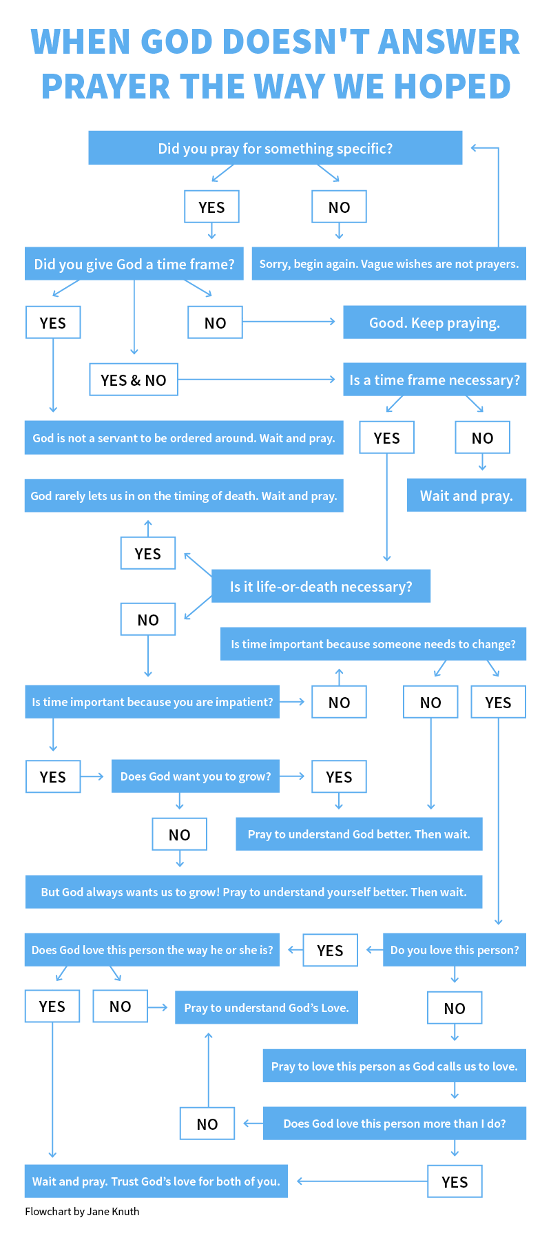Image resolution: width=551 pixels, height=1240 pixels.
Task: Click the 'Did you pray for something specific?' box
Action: [x=275, y=148]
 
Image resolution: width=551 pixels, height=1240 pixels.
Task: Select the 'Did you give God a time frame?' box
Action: [x=134, y=264]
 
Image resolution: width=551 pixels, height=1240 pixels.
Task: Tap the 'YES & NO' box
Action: [x=134, y=380]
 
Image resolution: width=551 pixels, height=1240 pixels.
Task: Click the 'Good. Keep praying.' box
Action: [x=435, y=322]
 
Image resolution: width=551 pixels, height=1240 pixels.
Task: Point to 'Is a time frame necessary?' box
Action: [x=435, y=380]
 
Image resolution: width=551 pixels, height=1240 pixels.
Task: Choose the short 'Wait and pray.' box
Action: [x=466, y=495]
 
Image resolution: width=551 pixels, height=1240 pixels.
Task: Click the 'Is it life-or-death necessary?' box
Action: [x=321, y=586]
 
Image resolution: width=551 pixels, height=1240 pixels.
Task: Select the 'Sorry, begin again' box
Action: [x=389, y=264]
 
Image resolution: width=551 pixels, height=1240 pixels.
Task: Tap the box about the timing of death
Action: [x=184, y=495]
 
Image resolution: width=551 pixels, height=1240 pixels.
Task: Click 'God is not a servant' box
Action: [x=184, y=437]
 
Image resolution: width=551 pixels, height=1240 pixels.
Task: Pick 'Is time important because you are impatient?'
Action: [x=152, y=702]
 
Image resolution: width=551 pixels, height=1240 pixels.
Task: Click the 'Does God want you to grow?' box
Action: [x=196, y=776]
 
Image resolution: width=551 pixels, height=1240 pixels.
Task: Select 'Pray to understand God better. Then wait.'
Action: [x=359, y=834]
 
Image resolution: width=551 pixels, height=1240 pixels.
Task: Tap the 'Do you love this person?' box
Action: [x=455, y=950]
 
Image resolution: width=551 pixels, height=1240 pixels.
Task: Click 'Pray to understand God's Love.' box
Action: [x=267, y=1008]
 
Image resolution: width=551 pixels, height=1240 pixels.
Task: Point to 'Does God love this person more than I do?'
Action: [x=395, y=1124]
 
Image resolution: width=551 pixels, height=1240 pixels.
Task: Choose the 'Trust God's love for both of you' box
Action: [x=156, y=1181]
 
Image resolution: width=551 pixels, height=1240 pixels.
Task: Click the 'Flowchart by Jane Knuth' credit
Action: [x=82, y=1212]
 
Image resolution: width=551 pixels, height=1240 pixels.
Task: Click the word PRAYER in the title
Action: [x=105, y=86]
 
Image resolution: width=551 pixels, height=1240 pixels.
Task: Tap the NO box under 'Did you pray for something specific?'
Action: [x=339, y=207]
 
